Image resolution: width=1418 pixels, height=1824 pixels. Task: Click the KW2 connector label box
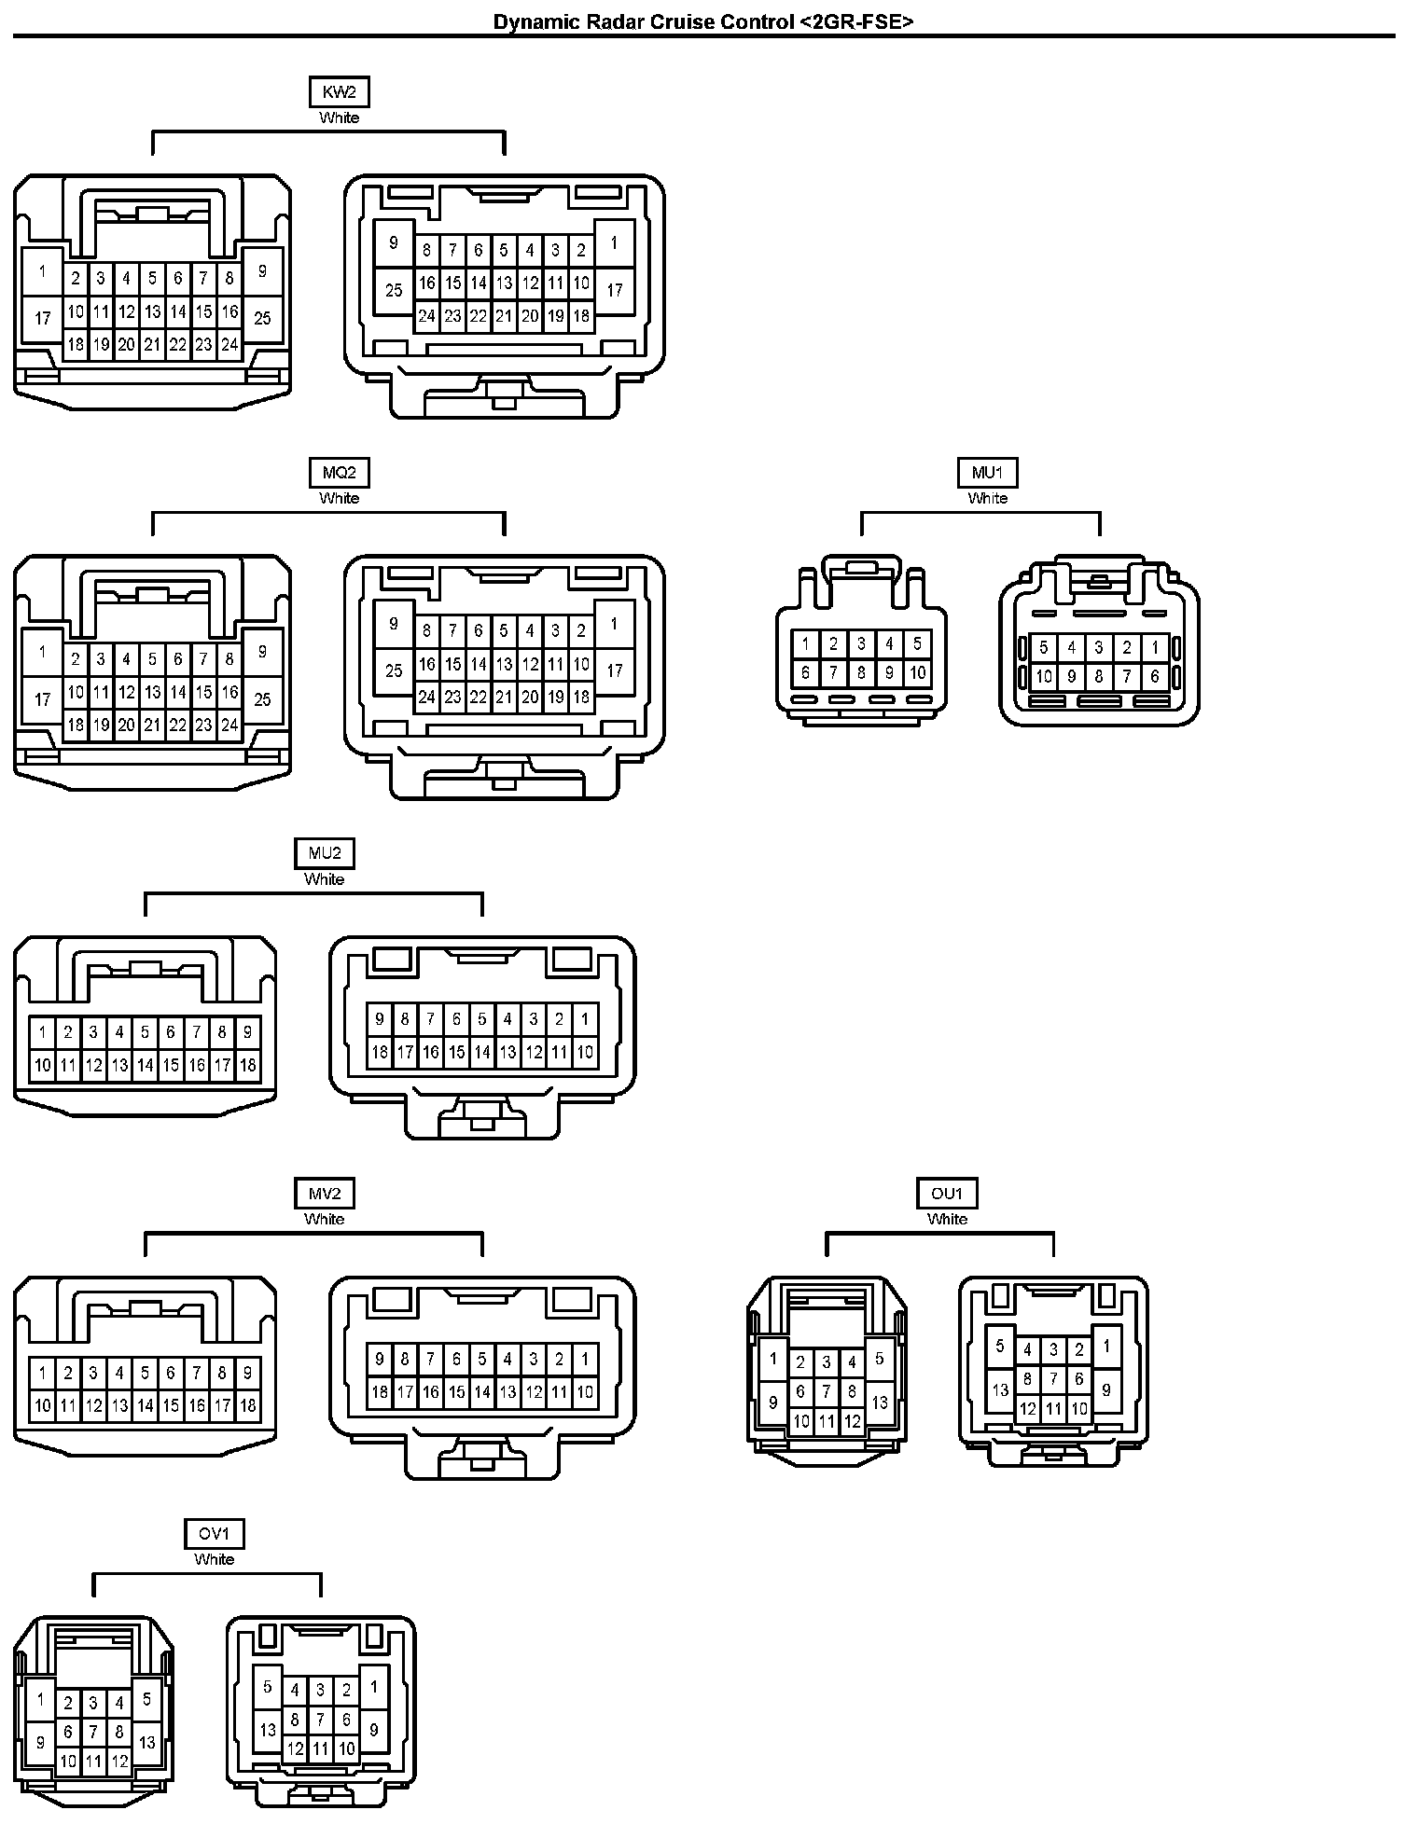tap(339, 92)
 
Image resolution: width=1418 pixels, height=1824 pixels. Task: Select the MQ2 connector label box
tap(339, 473)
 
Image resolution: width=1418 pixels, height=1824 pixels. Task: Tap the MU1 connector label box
tap(987, 473)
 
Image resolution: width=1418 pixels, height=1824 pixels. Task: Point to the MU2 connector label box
tap(324, 853)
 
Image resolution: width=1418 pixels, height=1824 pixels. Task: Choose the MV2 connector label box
tap(324, 1194)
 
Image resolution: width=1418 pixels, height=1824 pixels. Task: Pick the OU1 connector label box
tap(947, 1194)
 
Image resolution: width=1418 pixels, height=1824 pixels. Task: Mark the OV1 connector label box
tap(214, 1534)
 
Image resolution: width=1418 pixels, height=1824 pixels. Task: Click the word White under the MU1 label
tap(987, 498)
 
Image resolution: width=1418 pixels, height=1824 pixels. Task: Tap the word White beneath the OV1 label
tap(214, 1559)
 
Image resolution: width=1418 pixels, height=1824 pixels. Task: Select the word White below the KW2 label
tap(339, 117)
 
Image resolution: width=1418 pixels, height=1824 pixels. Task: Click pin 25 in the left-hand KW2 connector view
tap(262, 319)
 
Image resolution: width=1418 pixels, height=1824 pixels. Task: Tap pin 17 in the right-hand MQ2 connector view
tap(614, 670)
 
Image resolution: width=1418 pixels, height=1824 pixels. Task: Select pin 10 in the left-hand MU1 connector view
tap(917, 672)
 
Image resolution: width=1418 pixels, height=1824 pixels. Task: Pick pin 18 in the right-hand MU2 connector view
tap(379, 1053)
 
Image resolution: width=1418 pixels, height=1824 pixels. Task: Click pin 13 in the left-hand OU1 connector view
tap(880, 1403)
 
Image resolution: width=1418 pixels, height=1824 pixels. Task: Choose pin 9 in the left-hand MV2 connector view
tap(247, 1373)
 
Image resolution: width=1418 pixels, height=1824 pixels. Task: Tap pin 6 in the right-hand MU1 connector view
tap(1155, 677)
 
